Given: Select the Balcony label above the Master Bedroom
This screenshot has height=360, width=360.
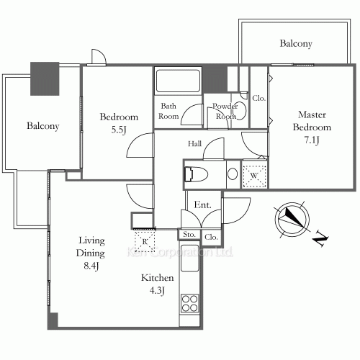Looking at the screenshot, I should [295, 44].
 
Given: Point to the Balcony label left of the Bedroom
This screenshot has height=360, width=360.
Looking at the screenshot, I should [42, 126].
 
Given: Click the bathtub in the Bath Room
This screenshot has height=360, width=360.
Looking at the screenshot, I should [178, 80].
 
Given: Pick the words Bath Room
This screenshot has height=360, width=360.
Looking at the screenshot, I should [169, 110].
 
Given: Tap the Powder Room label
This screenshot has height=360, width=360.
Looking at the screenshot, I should [225, 110].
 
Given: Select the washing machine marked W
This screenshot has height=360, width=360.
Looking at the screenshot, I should [254, 174].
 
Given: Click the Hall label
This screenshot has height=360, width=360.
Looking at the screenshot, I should [194, 144].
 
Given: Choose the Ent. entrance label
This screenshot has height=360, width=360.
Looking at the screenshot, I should [202, 205].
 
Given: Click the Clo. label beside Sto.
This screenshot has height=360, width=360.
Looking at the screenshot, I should [211, 236].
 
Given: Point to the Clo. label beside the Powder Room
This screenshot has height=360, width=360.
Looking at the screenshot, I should [258, 97].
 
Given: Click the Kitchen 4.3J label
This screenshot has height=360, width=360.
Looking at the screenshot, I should [152, 284].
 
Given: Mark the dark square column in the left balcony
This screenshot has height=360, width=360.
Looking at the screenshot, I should [45, 78].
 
